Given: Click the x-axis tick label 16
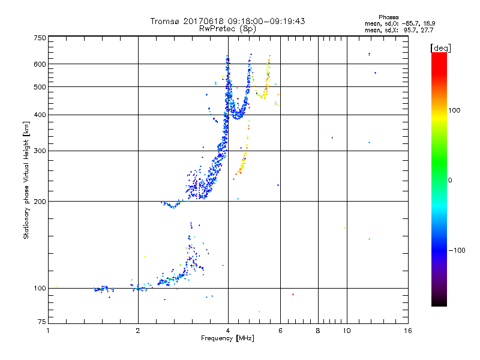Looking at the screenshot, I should click(x=408, y=331).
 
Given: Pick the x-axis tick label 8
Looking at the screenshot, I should click(x=318, y=331).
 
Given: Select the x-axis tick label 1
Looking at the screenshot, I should click(x=49, y=331).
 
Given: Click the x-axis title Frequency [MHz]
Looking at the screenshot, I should click(x=227, y=339).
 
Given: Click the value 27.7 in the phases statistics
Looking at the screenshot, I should click(x=428, y=29).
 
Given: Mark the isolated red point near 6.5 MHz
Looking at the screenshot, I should click(x=293, y=294).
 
